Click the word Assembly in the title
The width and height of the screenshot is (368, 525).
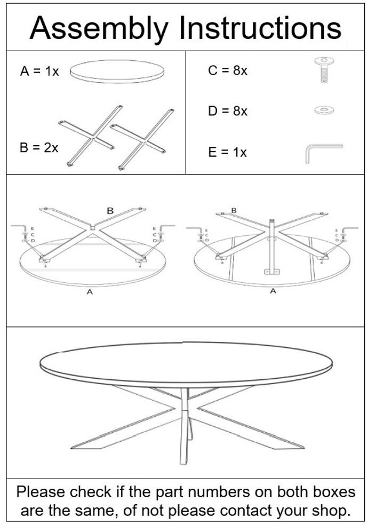99,29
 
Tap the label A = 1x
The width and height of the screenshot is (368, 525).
39,71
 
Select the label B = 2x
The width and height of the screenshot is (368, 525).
39,147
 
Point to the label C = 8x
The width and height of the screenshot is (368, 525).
228,70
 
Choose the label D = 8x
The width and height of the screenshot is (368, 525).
228,111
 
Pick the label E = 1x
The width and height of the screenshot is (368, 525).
227,153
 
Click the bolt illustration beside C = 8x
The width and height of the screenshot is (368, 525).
324,70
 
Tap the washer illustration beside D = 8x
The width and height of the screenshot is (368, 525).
324,110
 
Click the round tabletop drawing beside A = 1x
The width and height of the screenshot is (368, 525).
117,71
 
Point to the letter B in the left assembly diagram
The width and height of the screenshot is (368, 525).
110,211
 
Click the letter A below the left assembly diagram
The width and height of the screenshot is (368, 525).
90,292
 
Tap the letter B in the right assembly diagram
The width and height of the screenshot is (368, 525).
234,211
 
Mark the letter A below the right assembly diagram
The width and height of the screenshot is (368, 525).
273,291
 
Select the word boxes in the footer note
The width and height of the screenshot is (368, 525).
334,492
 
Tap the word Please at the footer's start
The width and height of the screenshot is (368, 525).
41,492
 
